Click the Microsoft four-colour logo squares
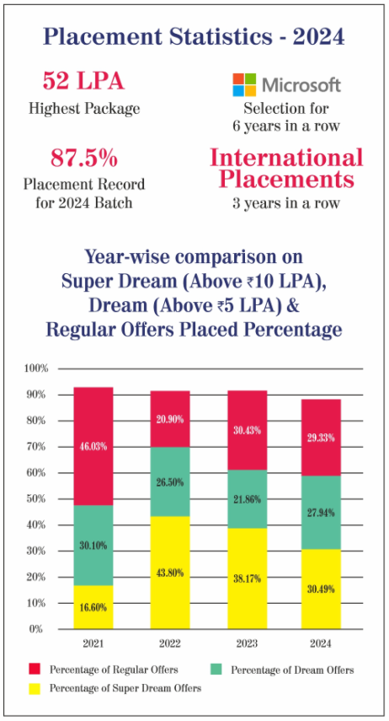[244, 84]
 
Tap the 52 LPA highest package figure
[83, 82]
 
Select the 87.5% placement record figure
[84, 159]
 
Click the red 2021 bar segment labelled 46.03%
[93, 446]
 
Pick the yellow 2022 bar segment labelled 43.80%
[170, 573]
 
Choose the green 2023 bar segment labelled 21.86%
[247, 499]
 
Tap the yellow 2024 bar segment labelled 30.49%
[321, 589]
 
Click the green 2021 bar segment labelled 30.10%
[93, 546]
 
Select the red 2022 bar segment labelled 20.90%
[170, 418]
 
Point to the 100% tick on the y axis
[35, 369]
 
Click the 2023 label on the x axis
[248, 643]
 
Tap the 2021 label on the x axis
[93, 643]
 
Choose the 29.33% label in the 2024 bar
[321, 438]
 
